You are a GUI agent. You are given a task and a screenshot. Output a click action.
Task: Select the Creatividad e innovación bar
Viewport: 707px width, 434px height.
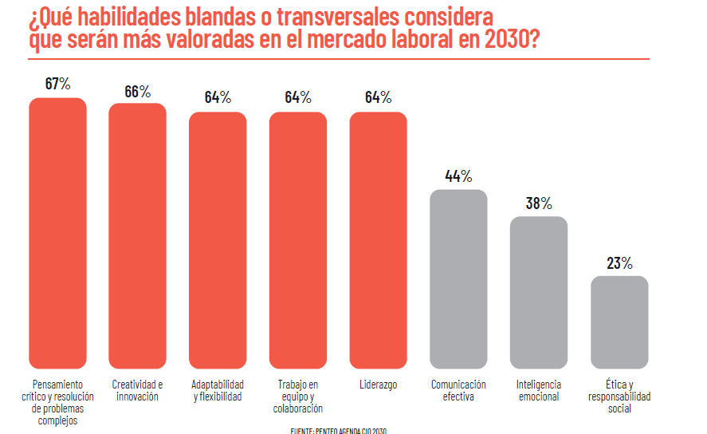click(137, 236)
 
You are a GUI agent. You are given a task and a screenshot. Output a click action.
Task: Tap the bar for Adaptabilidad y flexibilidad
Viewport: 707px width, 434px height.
click(218, 240)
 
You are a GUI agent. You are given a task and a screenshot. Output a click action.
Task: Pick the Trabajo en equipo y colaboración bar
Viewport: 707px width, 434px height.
click(298, 240)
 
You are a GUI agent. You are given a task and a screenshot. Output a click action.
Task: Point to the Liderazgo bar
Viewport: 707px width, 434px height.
click(378, 240)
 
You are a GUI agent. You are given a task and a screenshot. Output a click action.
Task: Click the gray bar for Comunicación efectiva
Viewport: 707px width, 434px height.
click(458, 279)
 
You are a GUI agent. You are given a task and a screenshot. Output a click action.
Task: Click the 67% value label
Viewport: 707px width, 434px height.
click(57, 84)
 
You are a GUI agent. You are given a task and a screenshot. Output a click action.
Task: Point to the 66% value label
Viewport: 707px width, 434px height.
click(137, 91)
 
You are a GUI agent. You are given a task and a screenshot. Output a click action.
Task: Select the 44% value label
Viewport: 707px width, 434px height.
click(458, 176)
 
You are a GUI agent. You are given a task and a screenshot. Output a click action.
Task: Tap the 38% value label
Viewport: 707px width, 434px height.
click(539, 203)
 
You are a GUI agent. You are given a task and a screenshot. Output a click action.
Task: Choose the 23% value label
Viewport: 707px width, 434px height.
click(619, 262)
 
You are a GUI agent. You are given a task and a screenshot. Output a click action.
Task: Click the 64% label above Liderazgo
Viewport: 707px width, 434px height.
click(378, 97)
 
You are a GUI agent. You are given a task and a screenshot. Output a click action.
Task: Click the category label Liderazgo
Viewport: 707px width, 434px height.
click(378, 385)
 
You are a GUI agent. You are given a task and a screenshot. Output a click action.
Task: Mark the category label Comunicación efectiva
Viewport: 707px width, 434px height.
click(458, 390)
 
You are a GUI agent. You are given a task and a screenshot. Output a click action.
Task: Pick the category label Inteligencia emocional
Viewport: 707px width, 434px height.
click(539, 390)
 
